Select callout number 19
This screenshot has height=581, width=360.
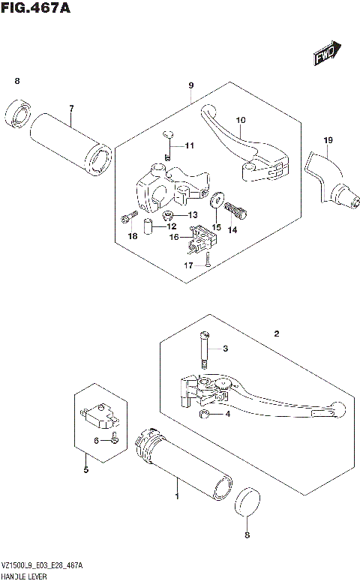point(328,140)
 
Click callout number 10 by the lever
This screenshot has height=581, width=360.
point(241,120)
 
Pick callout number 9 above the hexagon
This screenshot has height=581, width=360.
point(191,85)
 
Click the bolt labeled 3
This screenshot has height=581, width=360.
point(204,351)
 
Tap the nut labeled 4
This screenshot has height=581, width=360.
point(203,414)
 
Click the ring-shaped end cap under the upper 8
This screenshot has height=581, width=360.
point(17,114)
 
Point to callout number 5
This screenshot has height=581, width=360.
point(85,470)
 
